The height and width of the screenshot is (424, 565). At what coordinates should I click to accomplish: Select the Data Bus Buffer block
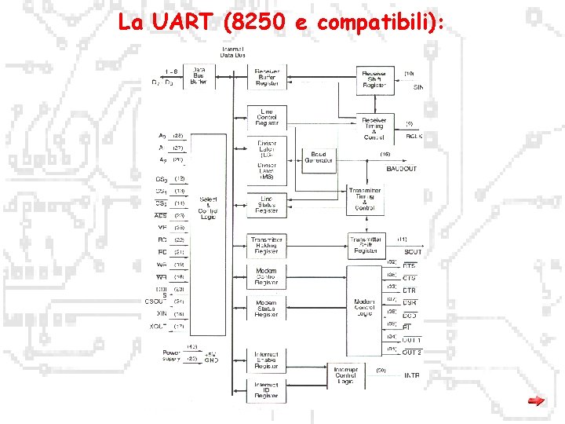(x=199, y=76)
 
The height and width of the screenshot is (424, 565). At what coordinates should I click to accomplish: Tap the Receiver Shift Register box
(x=374, y=78)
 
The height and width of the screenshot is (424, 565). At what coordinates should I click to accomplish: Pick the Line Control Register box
(x=267, y=117)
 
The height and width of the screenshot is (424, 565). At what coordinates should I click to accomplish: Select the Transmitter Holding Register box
(x=267, y=246)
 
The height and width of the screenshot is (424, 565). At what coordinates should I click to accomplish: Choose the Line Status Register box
(x=267, y=204)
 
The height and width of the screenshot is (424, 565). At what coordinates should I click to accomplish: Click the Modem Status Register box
(x=267, y=309)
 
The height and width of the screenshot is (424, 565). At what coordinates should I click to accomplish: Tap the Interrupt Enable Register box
(x=267, y=360)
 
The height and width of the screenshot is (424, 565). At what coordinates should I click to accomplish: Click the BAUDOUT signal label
(x=402, y=169)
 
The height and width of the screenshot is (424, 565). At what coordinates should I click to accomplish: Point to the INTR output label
(x=412, y=375)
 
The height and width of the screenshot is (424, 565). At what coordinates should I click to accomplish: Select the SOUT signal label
(x=413, y=252)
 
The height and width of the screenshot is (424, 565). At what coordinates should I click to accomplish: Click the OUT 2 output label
(x=412, y=353)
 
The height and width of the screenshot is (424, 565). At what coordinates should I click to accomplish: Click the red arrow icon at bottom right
(x=536, y=402)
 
